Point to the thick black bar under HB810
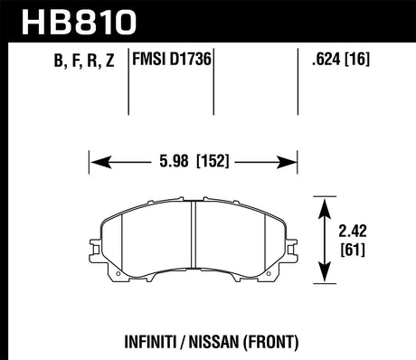(208, 40)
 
